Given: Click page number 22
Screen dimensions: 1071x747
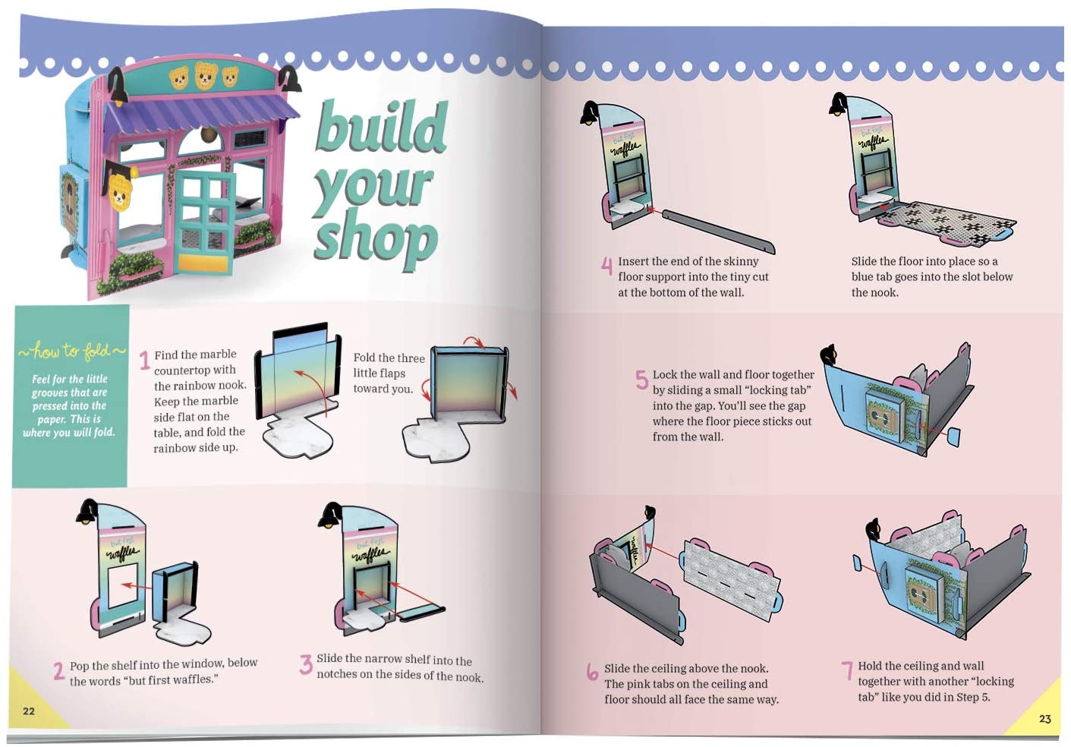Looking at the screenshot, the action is [29, 711].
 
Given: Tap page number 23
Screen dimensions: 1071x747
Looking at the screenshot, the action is [1044, 719].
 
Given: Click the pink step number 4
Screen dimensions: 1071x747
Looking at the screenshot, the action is [606, 266].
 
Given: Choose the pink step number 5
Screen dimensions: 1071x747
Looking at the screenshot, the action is [642, 380].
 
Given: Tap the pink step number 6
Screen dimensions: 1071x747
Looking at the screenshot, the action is [592, 671].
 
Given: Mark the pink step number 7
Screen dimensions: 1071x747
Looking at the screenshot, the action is [847, 670].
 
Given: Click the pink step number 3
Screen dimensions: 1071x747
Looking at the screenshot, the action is [306, 664].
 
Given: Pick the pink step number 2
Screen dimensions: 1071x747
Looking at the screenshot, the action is [58, 671].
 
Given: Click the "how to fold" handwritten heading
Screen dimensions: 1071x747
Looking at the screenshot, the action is [71, 351].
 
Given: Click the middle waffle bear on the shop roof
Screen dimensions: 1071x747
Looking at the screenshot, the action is [206, 75].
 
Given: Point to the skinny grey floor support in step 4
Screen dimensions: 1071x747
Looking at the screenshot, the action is [718, 232].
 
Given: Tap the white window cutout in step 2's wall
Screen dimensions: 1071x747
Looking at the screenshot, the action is [123, 586].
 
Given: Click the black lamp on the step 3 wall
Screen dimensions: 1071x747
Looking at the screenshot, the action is [329, 515].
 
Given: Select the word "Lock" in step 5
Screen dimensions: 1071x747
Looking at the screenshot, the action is [665, 374].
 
